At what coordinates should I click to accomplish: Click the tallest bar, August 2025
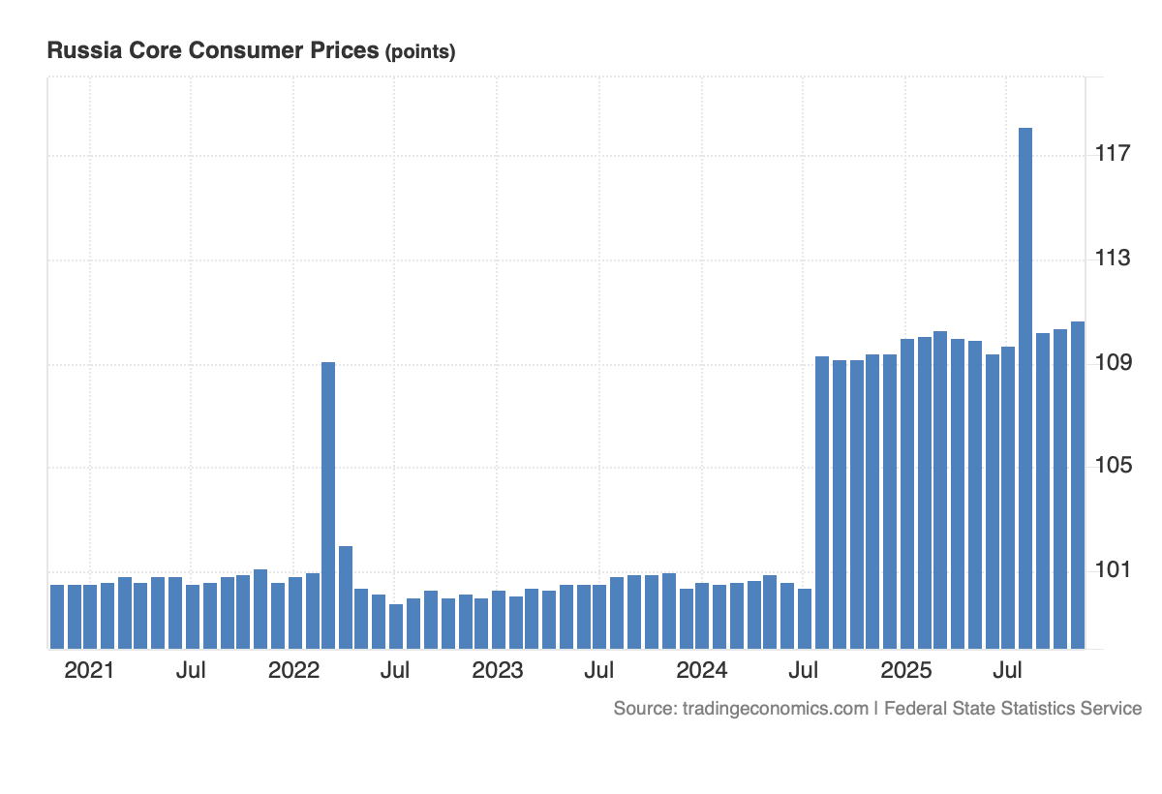(x=1024, y=387)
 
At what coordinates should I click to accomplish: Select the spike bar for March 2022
(x=328, y=504)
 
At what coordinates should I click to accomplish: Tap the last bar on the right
(x=1077, y=484)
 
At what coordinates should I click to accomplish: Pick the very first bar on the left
(x=56, y=616)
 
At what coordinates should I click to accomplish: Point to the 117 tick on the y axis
(x=1114, y=154)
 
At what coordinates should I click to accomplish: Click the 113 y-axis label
(x=1114, y=259)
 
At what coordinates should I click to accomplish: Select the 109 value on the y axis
(x=1114, y=363)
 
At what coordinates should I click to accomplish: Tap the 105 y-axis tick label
(x=1114, y=467)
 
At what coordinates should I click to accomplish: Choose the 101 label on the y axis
(x=1114, y=570)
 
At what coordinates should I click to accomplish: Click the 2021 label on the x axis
(x=89, y=671)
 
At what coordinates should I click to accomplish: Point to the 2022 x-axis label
(x=293, y=671)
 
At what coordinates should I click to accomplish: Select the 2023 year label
(x=497, y=671)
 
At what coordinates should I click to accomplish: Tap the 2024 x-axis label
(x=701, y=671)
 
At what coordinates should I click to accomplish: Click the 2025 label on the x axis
(x=905, y=671)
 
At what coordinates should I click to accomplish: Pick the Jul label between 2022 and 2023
(x=394, y=671)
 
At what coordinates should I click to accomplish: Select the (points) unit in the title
(x=420, y=52)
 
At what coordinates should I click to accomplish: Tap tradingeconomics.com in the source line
(x=775, y=709)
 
